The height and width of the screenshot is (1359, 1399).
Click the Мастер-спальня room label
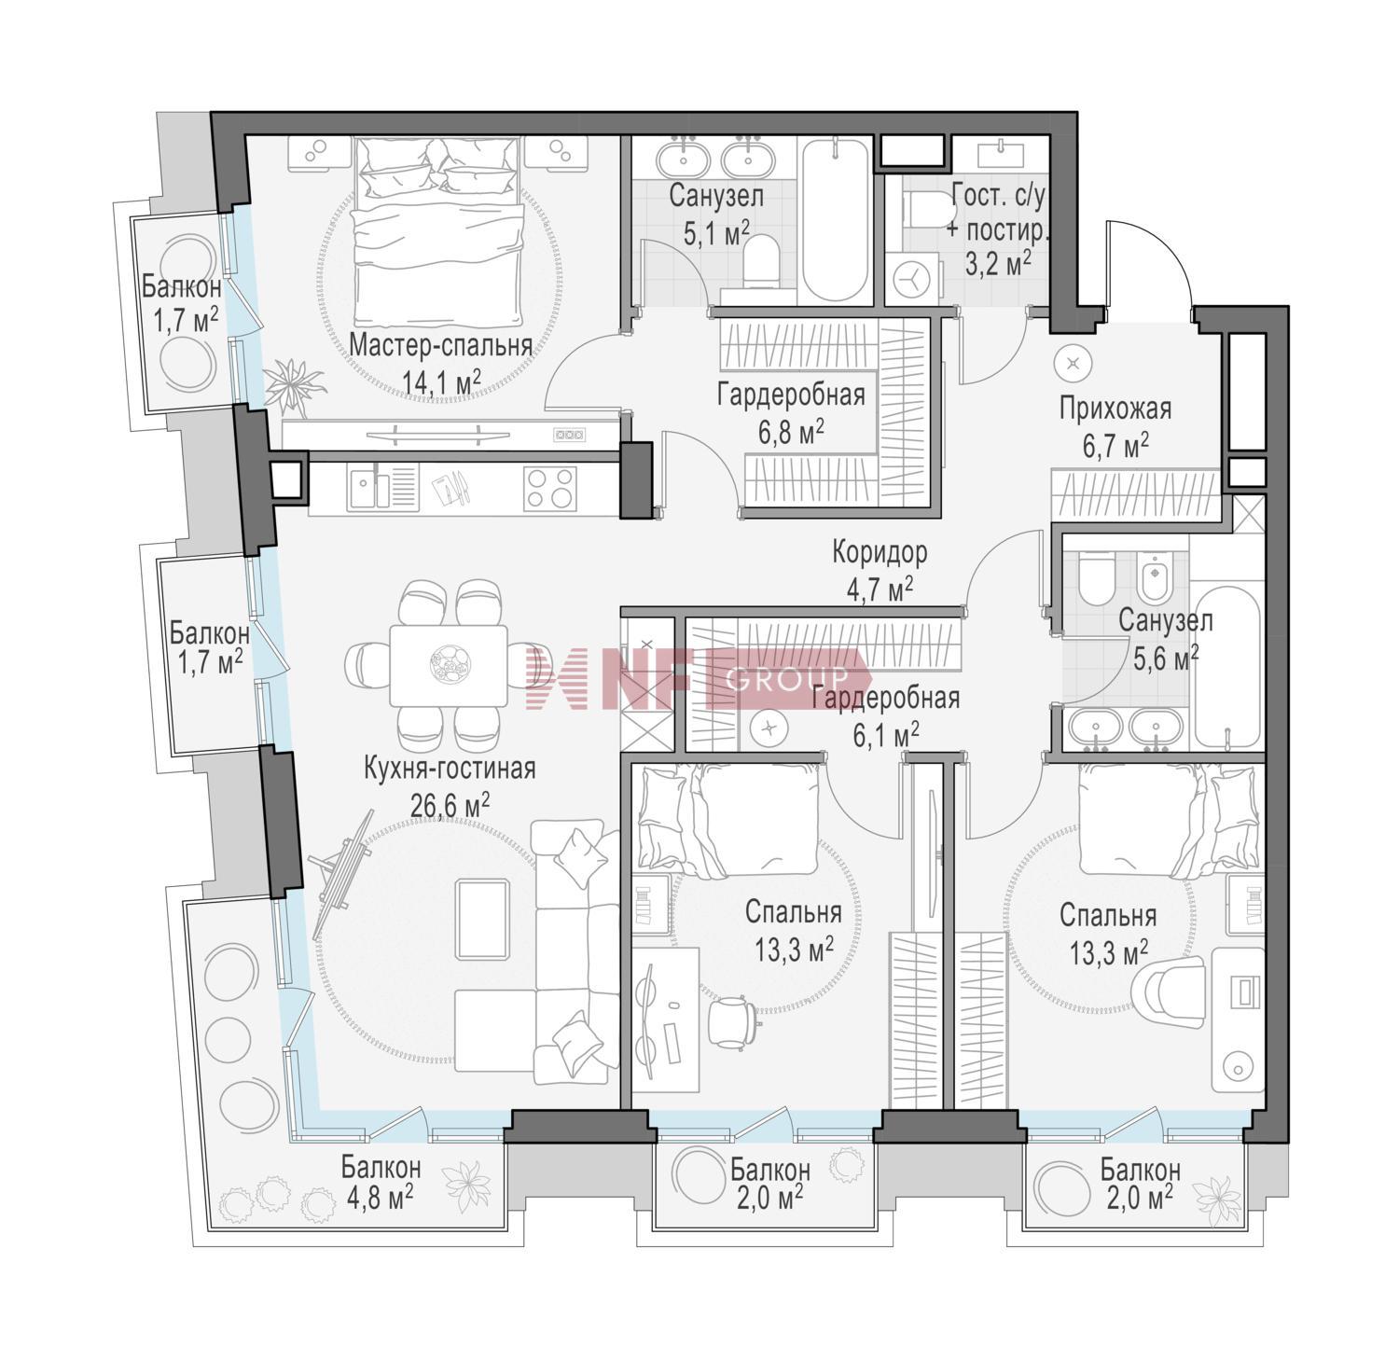(x=441, y=345)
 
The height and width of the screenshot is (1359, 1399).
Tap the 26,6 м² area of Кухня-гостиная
(x=450, y=803)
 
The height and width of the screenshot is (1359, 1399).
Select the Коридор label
(x=880, y=553)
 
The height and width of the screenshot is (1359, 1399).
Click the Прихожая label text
(x=1115, y=409)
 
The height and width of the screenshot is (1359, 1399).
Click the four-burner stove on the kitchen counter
(x=549, y=489)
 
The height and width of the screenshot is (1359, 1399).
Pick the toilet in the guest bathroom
(x=922, y=208)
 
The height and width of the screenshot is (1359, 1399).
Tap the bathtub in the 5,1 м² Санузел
(x=837, y=220)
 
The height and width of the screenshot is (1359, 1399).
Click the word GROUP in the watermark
(x=786, y=679)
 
